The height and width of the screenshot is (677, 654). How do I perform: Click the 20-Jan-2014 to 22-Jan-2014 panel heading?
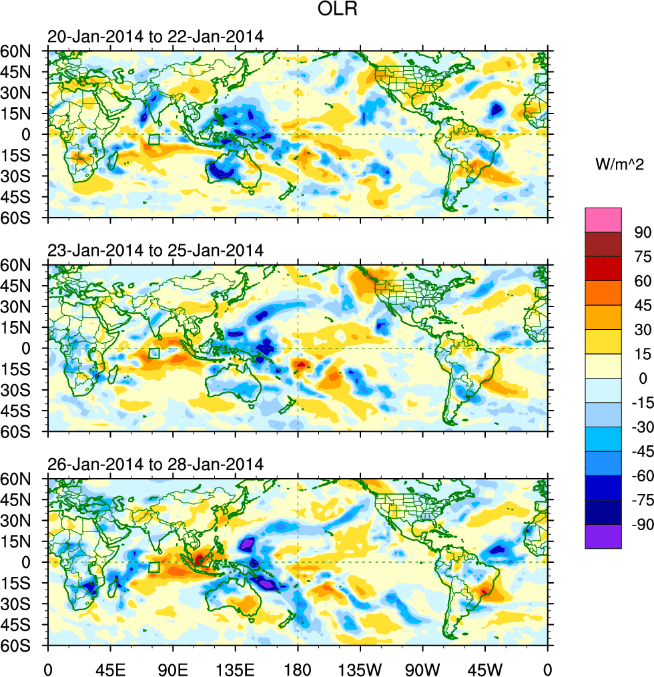coord(155,37)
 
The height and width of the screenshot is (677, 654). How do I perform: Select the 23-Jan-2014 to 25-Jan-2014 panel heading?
coord(155,251)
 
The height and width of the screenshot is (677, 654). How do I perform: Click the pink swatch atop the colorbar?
coord(603,220)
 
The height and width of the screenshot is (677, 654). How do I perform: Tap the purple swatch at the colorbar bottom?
coord(603,536)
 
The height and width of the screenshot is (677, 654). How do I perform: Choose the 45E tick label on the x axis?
coord(109,667)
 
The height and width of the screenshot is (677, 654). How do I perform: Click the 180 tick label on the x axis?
coord(298,667)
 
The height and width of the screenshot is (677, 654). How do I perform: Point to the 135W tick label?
coord(360,667)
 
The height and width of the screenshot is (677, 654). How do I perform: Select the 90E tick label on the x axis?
coord(172,667)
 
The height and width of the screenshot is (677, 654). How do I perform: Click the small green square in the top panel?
coord(154,140)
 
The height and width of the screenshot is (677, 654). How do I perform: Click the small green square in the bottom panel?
coord(154,567)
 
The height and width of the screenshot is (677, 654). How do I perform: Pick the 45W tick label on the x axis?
coord(485,667)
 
